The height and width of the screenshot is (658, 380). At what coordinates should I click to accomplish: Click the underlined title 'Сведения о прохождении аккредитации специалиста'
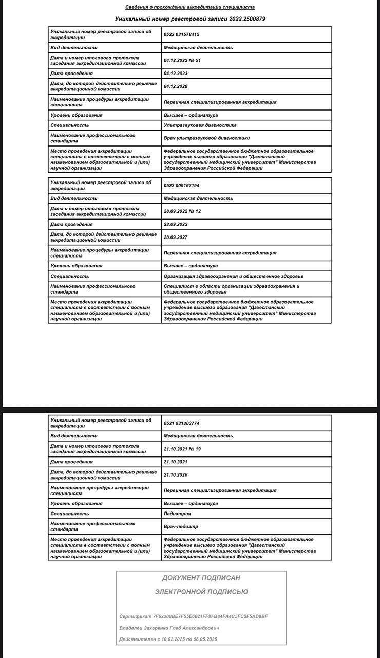point(190,7)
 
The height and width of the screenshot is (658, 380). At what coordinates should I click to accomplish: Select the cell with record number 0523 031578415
point(181,34)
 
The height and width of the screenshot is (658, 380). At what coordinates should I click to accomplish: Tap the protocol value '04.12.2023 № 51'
point(182,61)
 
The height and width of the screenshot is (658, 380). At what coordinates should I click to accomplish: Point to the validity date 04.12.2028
point(176,86)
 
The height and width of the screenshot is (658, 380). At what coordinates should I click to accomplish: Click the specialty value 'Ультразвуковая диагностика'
point(200,125)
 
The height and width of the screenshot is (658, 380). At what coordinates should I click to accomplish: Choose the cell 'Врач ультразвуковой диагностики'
point(206,138)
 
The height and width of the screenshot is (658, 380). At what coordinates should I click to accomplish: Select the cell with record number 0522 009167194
point(181,185)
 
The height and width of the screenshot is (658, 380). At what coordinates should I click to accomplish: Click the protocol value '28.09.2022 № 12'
point(182,211)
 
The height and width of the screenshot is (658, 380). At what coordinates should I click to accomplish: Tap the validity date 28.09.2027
point(176,237)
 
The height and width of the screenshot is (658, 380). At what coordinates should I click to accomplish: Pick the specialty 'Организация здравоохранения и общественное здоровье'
point(233,276)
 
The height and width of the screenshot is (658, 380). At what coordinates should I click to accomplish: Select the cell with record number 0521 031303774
point(181,423)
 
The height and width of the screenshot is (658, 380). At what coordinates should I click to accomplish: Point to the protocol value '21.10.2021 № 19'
point(182,449)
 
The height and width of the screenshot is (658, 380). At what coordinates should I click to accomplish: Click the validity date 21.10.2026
point(176,474)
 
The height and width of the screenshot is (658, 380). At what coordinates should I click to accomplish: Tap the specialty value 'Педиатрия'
point(177,514)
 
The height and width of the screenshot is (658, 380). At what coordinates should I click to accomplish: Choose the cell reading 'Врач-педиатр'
point(181,526)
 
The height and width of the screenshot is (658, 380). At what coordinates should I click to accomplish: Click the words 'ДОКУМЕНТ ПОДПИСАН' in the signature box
point(201,578)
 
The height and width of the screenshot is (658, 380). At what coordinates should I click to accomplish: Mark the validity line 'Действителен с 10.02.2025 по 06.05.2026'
point(168,639)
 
